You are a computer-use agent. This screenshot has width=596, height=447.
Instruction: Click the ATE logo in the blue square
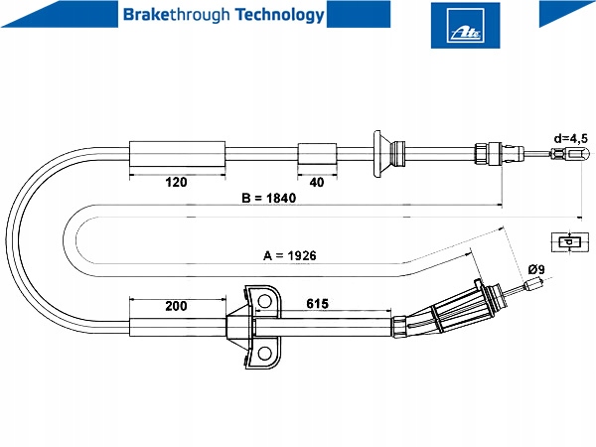click(x=465, y=25)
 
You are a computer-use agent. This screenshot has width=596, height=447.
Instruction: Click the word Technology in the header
click(x=280, y=15)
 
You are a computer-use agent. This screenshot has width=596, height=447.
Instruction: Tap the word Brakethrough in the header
click(x=177, y=15)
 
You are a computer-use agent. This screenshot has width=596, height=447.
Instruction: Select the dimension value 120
click(x=177, y=182)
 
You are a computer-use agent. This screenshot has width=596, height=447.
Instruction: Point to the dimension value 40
click(x=317, y=182)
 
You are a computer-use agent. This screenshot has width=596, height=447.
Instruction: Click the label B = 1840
click(x=269, y=198)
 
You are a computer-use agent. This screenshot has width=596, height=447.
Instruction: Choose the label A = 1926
click(x=290, y=255)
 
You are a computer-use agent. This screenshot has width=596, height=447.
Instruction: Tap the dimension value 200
click(x=177, y=306)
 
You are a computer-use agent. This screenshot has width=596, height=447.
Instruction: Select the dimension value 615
click(x=318, y=304)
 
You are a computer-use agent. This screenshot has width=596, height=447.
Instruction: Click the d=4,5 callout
click(x=570, y=138)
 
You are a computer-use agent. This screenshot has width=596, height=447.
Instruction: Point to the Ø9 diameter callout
click(x=536, y=269)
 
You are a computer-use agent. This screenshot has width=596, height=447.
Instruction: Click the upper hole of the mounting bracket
click(x=264, y=301)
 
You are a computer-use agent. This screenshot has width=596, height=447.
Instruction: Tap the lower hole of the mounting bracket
click(x=264, y=354)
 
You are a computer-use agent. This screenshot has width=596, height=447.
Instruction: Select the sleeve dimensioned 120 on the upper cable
click(x=178, y=154)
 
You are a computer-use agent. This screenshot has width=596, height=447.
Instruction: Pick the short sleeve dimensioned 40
click(x=317, y=154)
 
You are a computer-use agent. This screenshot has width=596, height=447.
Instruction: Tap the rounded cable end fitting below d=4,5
click(x=580, y=154)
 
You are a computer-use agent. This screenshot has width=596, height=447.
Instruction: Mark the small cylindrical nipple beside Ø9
click(x=533, y=285)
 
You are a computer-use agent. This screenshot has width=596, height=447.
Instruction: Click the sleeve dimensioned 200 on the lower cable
click(x=178, y=327)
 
